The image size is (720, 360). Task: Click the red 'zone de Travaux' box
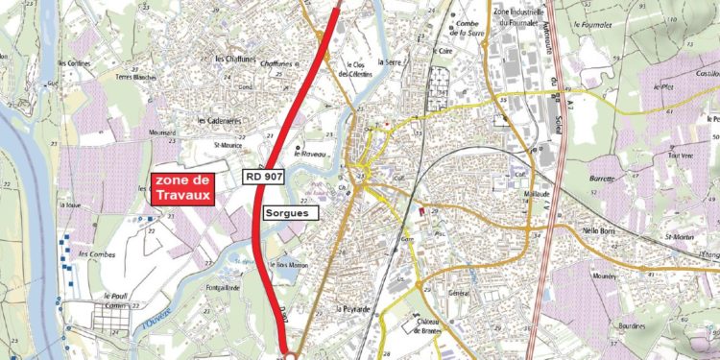pyautogui.click(x=181, y=187)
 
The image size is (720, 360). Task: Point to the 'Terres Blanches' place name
pyautogui.click(x=136, y=77)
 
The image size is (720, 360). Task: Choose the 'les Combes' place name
pyautogui.click(x=96, y=254)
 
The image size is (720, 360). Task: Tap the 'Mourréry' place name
pyautogui.click(x=603, y=275)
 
